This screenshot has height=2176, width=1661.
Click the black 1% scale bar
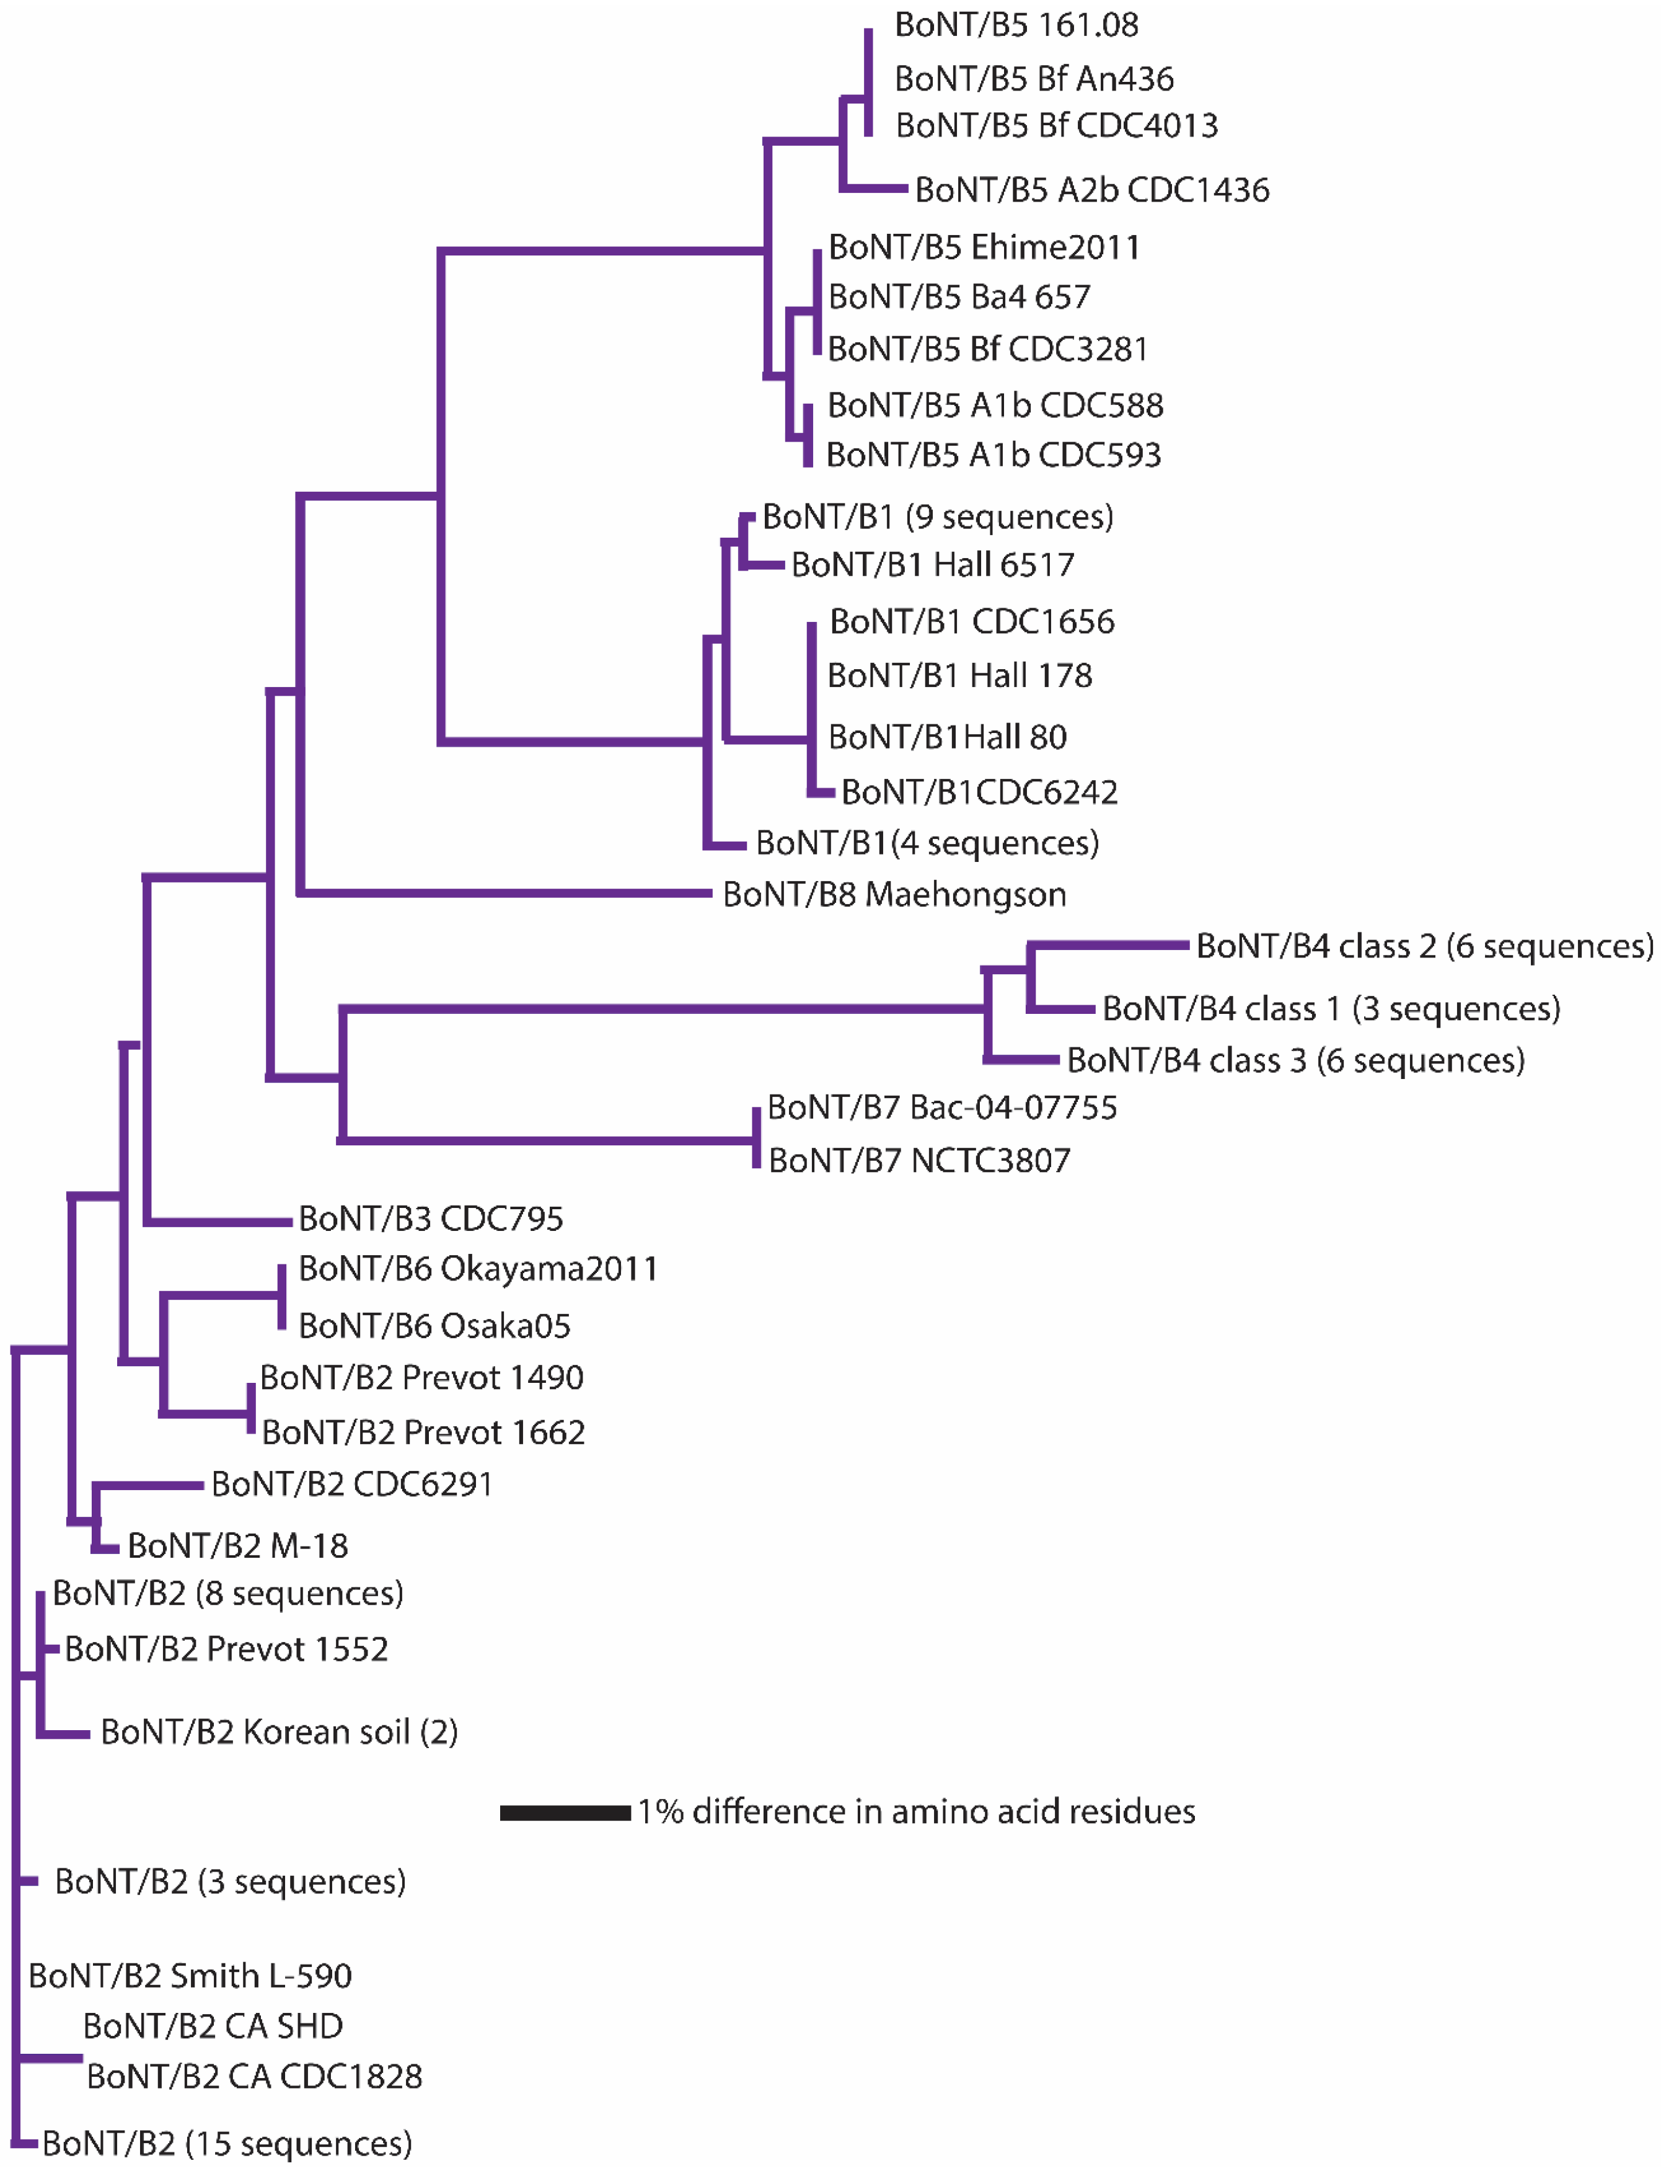coord(565,1812)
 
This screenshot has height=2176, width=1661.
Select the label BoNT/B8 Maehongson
coord(894,894)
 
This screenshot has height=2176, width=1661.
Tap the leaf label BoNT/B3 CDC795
coord(430,1219)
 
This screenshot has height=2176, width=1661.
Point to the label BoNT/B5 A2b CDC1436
coord(1091,190)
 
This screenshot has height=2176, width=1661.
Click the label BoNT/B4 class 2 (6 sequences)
coord(1424,946)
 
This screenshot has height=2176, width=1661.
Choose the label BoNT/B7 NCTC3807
coord(919,1160)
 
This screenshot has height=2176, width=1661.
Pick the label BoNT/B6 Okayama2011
coord(477,1269)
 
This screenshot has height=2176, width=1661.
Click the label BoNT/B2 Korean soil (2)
coord(279,1732)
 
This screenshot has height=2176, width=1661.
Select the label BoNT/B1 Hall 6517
coord(932,565)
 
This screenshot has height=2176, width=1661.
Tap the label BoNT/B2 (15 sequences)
coord(226,2143)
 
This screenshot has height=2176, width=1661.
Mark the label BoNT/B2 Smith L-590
coord(190,1975)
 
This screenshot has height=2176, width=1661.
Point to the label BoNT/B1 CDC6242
coord(979,793)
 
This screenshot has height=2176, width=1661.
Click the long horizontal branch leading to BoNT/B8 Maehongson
coord(504,893)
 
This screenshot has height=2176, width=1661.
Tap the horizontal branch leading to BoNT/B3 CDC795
coord(219,1222)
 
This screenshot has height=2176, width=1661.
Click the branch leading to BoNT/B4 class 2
coord(1108,946)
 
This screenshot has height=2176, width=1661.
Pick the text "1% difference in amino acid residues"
coord(915,1812)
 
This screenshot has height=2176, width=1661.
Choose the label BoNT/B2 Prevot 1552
coord(226,1649)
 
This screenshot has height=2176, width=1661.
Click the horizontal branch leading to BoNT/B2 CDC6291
coord(148,1485)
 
